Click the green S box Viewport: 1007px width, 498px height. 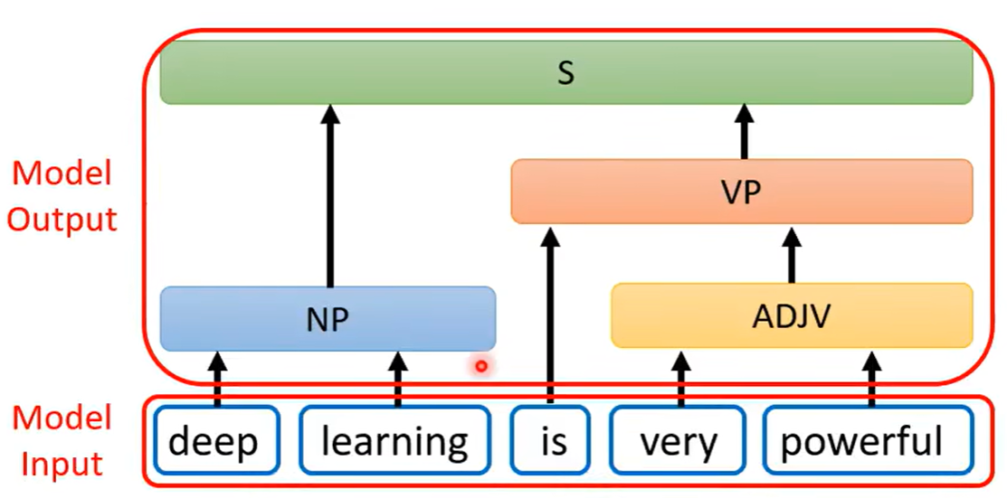[565, 72]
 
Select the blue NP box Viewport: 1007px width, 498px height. [328, 318]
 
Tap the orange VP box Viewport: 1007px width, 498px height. [741, 192]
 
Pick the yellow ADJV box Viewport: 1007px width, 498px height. [792, 315]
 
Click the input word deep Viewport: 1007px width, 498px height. [214, 442]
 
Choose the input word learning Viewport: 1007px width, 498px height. [395, 442]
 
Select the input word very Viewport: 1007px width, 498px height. [679, 442]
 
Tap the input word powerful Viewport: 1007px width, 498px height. [861, 442]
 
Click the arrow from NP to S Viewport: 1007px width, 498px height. [329, 194]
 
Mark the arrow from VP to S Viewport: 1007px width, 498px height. [744, 132]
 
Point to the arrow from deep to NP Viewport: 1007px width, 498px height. [216, 379]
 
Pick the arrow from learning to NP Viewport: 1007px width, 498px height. [397, 379]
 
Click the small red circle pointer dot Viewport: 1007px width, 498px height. [481, 366]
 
